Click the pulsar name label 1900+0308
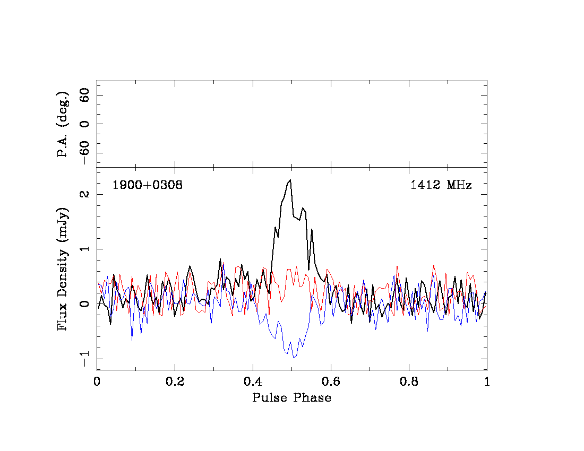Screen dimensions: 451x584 [x=147, y=185]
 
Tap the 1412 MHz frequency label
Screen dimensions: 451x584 [x=441, y=185]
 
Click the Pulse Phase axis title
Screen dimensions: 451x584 [x=291, y=398]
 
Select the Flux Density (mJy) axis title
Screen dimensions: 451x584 [x=63, y=268]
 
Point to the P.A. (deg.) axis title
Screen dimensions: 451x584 [x=63, y=124]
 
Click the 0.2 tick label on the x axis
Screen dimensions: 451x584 [x=175, y=381]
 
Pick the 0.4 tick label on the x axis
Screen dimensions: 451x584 [x=253, y=381]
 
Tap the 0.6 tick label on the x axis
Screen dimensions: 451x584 [x=331, y=381]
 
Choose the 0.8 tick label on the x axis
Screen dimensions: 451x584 [x=409, y=381]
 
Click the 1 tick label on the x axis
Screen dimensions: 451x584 [x=487, y=381]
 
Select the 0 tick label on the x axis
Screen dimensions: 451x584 [x=97, y=381]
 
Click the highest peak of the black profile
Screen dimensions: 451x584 [x=290, y=180]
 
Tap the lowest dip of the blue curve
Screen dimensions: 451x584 [x=294, y=357]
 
